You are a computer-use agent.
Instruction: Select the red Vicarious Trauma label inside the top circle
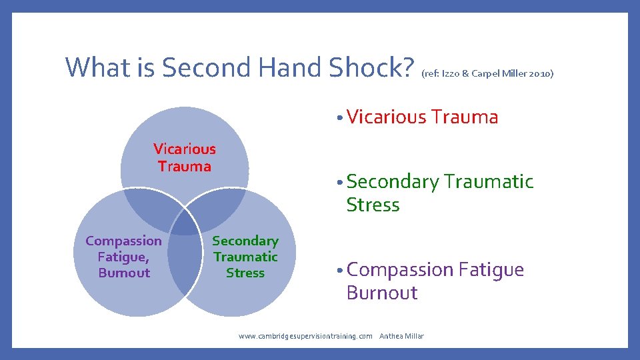point(185,157)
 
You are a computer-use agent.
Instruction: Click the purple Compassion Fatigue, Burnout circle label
point(123,257)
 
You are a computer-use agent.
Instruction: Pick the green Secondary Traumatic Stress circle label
point(245,257)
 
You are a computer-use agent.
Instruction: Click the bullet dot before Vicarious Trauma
point(340,119)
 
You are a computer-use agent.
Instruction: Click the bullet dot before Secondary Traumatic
point(340,183)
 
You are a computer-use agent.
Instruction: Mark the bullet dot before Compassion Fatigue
point(340,271)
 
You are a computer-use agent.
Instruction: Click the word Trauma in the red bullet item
point(465,117)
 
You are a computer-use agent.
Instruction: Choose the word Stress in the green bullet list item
point(373,205)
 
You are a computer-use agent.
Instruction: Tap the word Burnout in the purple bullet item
point(381,293)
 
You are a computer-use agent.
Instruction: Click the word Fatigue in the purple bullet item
point(491,270)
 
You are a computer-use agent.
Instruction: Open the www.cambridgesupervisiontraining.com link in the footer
point(305,336)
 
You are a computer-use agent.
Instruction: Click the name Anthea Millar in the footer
point(401,336)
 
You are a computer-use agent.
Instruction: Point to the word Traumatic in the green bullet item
point(489,181)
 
